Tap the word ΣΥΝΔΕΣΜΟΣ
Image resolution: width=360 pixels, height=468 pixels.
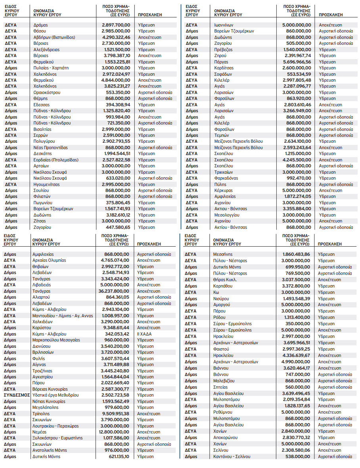17,395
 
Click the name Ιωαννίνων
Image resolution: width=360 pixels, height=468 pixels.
224,25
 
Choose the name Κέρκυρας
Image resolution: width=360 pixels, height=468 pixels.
223,190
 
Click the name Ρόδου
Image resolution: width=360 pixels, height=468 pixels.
219,317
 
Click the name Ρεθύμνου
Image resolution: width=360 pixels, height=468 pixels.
222,412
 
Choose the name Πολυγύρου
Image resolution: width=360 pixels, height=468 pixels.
44,141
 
